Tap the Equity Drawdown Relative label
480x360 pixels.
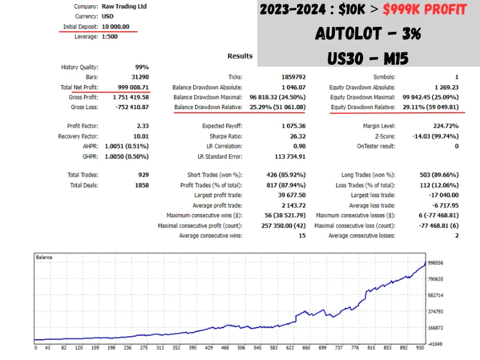(x=362, y=107)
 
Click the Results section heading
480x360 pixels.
(x=240, y=56)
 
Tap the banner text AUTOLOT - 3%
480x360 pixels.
(x=368, y=34)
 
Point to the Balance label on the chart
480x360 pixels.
(x=44, y=257)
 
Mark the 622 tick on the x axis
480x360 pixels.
(x=290, y=347)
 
